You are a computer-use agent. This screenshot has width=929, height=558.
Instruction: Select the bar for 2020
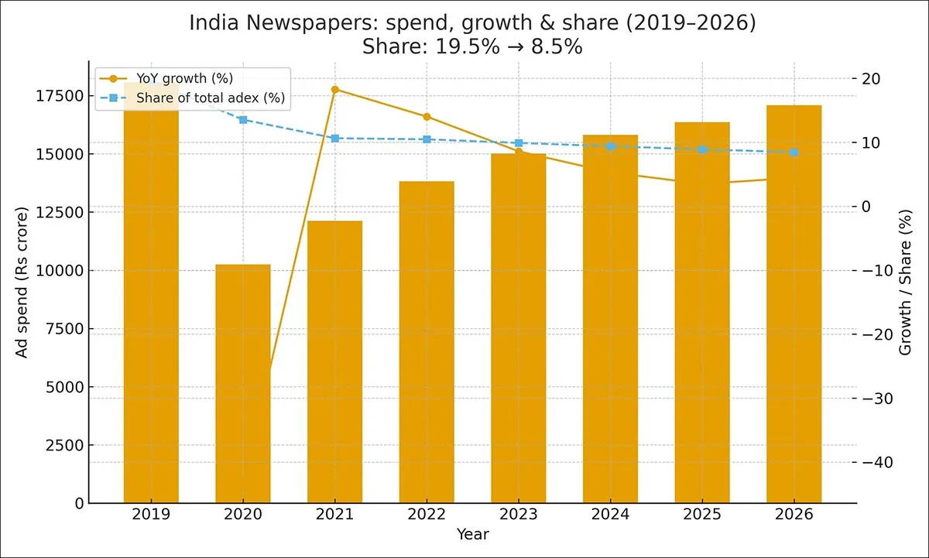(x=243, y=383)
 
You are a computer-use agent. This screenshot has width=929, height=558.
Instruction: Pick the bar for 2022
(x=427, y=341)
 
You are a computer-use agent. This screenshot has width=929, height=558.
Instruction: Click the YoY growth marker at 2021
(x=335, y=90)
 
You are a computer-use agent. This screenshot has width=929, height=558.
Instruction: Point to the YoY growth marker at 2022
(x=427, y=117)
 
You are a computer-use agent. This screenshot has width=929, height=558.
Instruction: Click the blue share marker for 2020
(x=243, y=120)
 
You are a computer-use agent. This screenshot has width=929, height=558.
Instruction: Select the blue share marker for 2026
(x=794, y=152)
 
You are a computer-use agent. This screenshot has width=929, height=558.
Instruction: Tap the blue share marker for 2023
(x=519, y=143)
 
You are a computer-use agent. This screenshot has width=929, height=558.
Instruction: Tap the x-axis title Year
(x=472, y=534)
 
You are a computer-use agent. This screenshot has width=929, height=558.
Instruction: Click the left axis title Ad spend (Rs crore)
(x=22, y=282)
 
